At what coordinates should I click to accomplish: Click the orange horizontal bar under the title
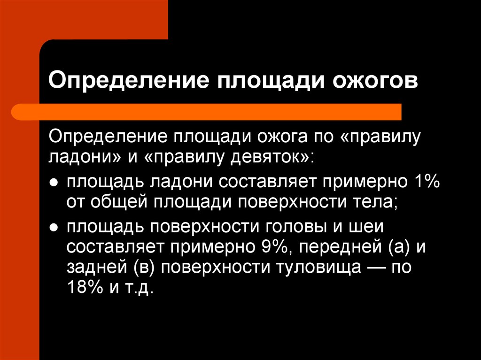click(x=207, y=112)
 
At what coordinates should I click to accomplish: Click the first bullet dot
click(x=54, y=183)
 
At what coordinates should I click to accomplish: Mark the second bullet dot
click(x=54, y=228)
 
